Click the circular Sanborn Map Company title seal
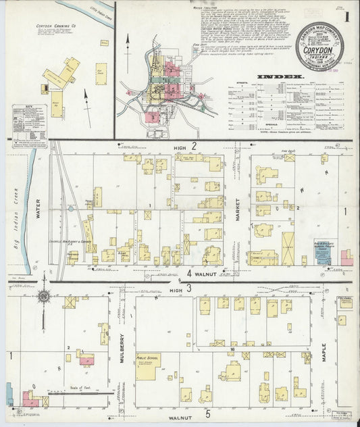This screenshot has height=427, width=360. point(315,44)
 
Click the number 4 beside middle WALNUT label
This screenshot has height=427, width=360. point(190,274)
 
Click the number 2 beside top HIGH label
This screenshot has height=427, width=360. point(194,146)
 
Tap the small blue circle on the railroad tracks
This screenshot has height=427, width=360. point(70,209)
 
